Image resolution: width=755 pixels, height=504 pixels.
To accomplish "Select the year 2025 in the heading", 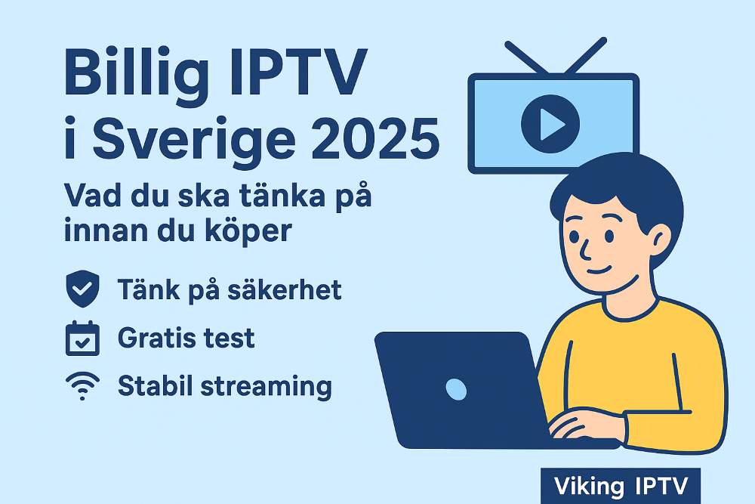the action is pyautogui.click(x=375, y=138).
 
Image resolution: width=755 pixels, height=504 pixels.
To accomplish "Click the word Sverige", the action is pyautogui.click(x=194, y=141).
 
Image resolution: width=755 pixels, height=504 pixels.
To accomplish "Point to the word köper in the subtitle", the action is pyautogui.click(x=257, y=230).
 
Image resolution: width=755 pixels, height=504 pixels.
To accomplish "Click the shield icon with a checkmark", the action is pyautogui.click(x=82, y=289).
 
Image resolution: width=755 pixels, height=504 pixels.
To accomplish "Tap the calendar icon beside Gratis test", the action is pyautogui.click(x=82, y=339).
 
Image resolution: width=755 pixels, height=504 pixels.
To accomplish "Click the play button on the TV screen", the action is pyautogui.click(x=550, y=124).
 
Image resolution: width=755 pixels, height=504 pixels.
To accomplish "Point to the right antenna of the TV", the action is pyautogui.click(x=586, y=55).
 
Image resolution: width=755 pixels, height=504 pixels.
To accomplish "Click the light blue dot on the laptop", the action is pyautogui.click(x=456, y=389).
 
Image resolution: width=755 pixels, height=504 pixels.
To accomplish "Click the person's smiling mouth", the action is pyautogui.click(x=599, y=269).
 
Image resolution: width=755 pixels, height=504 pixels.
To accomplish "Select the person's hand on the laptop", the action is pyautogui.click(x=585, y=424).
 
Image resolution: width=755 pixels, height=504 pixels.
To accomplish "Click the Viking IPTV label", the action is pyautogui.click(x=621, y=486).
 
